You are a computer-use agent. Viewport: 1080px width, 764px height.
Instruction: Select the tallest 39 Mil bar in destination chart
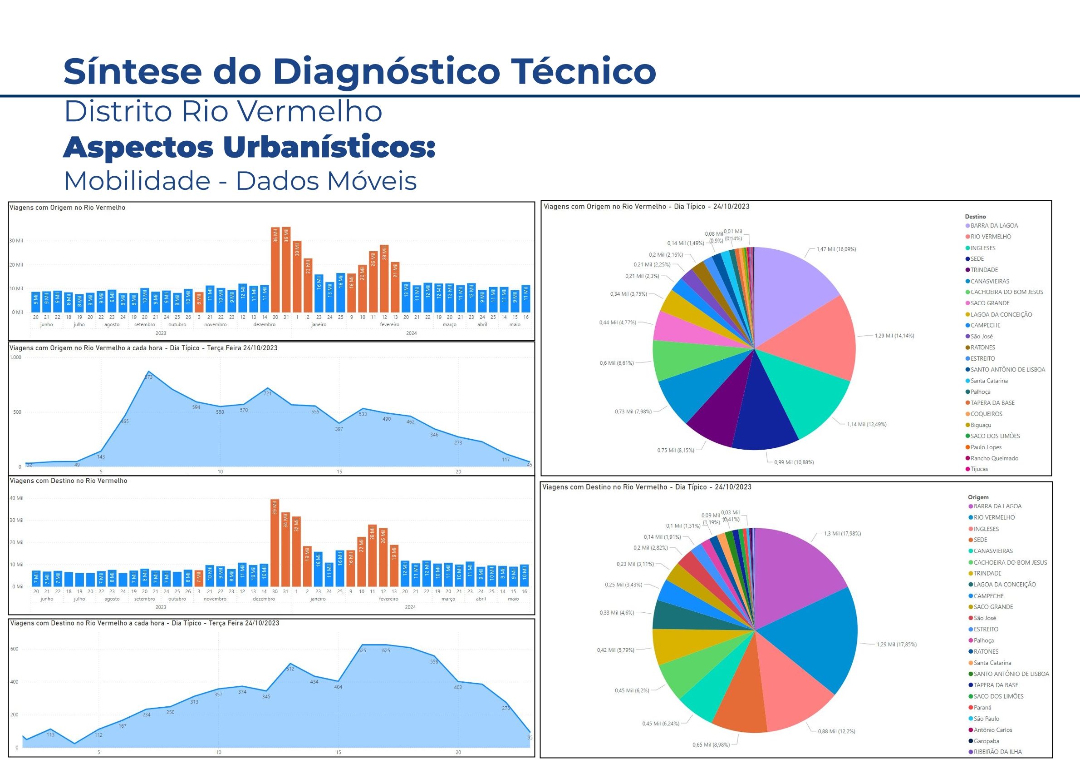(275, 542)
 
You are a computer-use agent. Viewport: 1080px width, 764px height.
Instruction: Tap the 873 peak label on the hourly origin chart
(148, 377)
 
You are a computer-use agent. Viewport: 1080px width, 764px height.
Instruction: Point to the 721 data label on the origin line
(268, 393)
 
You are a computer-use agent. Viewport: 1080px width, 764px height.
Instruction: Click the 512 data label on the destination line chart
(290, 669)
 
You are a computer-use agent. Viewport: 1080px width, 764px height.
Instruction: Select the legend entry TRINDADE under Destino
(984, 270)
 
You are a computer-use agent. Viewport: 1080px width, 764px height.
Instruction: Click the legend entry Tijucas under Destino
(979, 469)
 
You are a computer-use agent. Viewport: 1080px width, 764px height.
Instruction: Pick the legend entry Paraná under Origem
(982, 708)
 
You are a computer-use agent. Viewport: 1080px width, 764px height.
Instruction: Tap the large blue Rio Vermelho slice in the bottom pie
(814, 640)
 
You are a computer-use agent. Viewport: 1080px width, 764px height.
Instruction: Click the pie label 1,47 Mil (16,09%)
(836, 249)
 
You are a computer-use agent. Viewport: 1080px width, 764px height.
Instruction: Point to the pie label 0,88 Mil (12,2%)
(836, 731)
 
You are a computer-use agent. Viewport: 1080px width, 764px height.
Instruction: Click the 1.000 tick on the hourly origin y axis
(15, 358)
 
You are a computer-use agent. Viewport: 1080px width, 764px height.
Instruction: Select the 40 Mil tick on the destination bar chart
(16, 498)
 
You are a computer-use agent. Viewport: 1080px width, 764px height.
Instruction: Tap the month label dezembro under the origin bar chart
(265, 325)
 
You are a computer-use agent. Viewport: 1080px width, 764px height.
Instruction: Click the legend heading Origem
(978, 497)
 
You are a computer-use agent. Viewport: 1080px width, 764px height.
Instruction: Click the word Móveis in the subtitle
(373, 181)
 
